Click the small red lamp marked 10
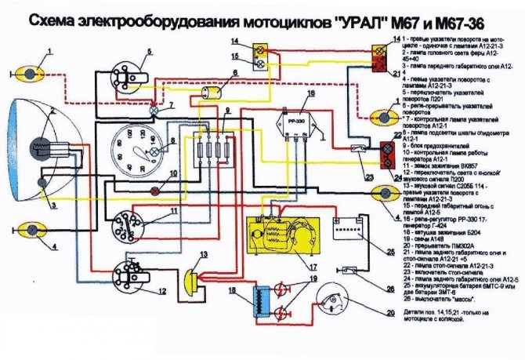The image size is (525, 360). (x=155, y=191)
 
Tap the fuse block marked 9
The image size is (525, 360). (x=211, y=149)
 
